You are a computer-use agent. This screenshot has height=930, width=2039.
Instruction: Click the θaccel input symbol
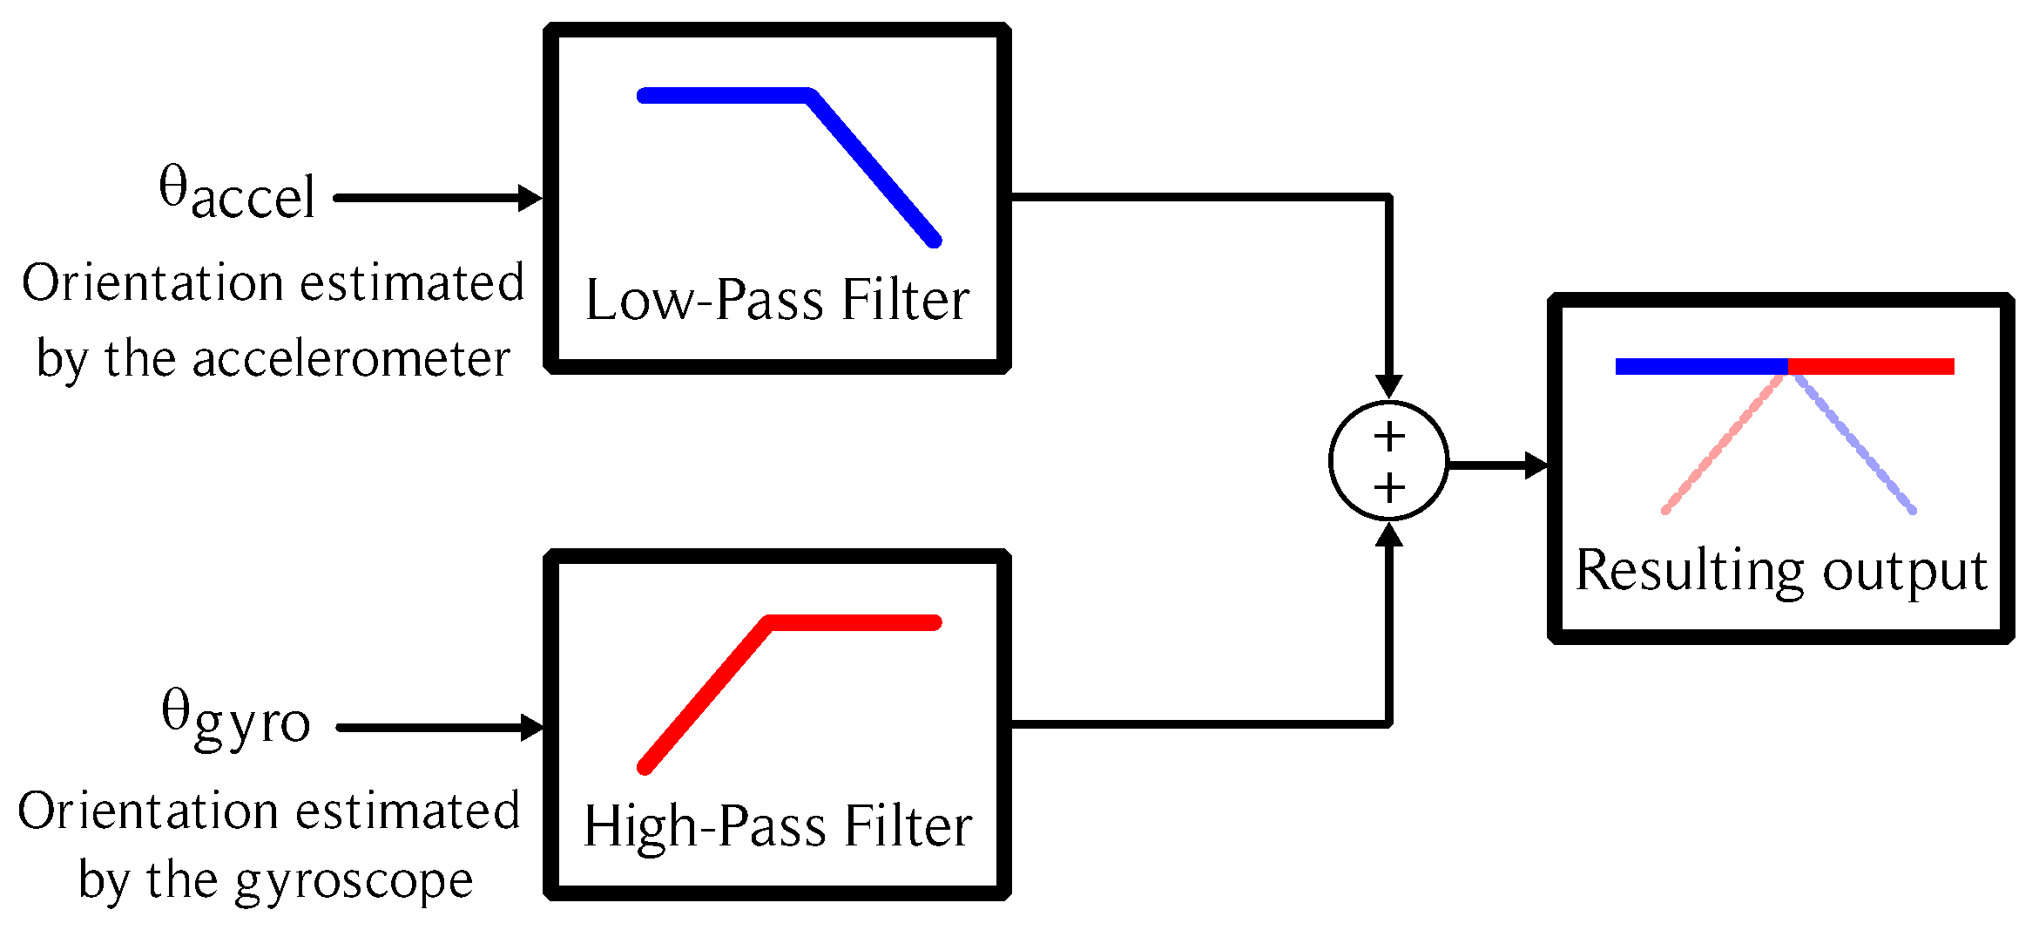click(236, 193)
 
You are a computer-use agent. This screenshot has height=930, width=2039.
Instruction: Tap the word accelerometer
click(350, 359)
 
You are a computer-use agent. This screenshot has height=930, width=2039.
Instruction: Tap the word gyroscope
click(354, 880)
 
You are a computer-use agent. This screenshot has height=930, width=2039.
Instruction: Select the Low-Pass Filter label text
click(777, 300)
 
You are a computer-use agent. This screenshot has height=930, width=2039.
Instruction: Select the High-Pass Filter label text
click(777, 826)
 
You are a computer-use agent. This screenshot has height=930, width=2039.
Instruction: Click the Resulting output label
click(1781, 571)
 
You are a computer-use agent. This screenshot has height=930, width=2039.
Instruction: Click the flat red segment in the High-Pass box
click(854, 622)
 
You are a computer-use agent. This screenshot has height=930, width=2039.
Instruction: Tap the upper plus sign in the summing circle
click(1389, 436)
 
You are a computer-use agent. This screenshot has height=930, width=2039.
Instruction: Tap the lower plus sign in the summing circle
click(1389, 488)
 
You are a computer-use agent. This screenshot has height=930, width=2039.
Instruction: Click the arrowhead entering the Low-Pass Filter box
click(530, 198)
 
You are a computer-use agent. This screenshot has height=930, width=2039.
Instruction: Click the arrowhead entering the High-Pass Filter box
click(531, 727)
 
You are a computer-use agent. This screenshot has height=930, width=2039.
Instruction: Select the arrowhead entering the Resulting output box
click(1536, 465)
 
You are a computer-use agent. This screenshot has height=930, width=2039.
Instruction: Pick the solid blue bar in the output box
click(1700, 366)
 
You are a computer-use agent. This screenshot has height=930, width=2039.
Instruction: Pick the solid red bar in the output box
click(1871, 366)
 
